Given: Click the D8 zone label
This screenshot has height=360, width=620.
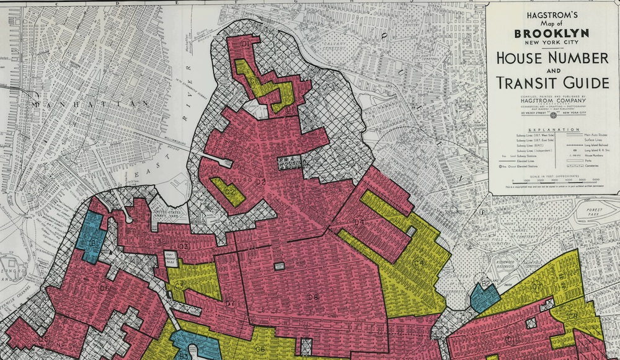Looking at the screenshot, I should [312, 297].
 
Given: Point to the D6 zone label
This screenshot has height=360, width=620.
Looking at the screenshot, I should [104, 288].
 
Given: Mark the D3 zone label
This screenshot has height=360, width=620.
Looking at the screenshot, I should [184, 247].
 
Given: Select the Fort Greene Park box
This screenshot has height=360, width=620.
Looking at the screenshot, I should [171, 256].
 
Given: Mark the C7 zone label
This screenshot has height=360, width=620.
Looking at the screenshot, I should [538, 286].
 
